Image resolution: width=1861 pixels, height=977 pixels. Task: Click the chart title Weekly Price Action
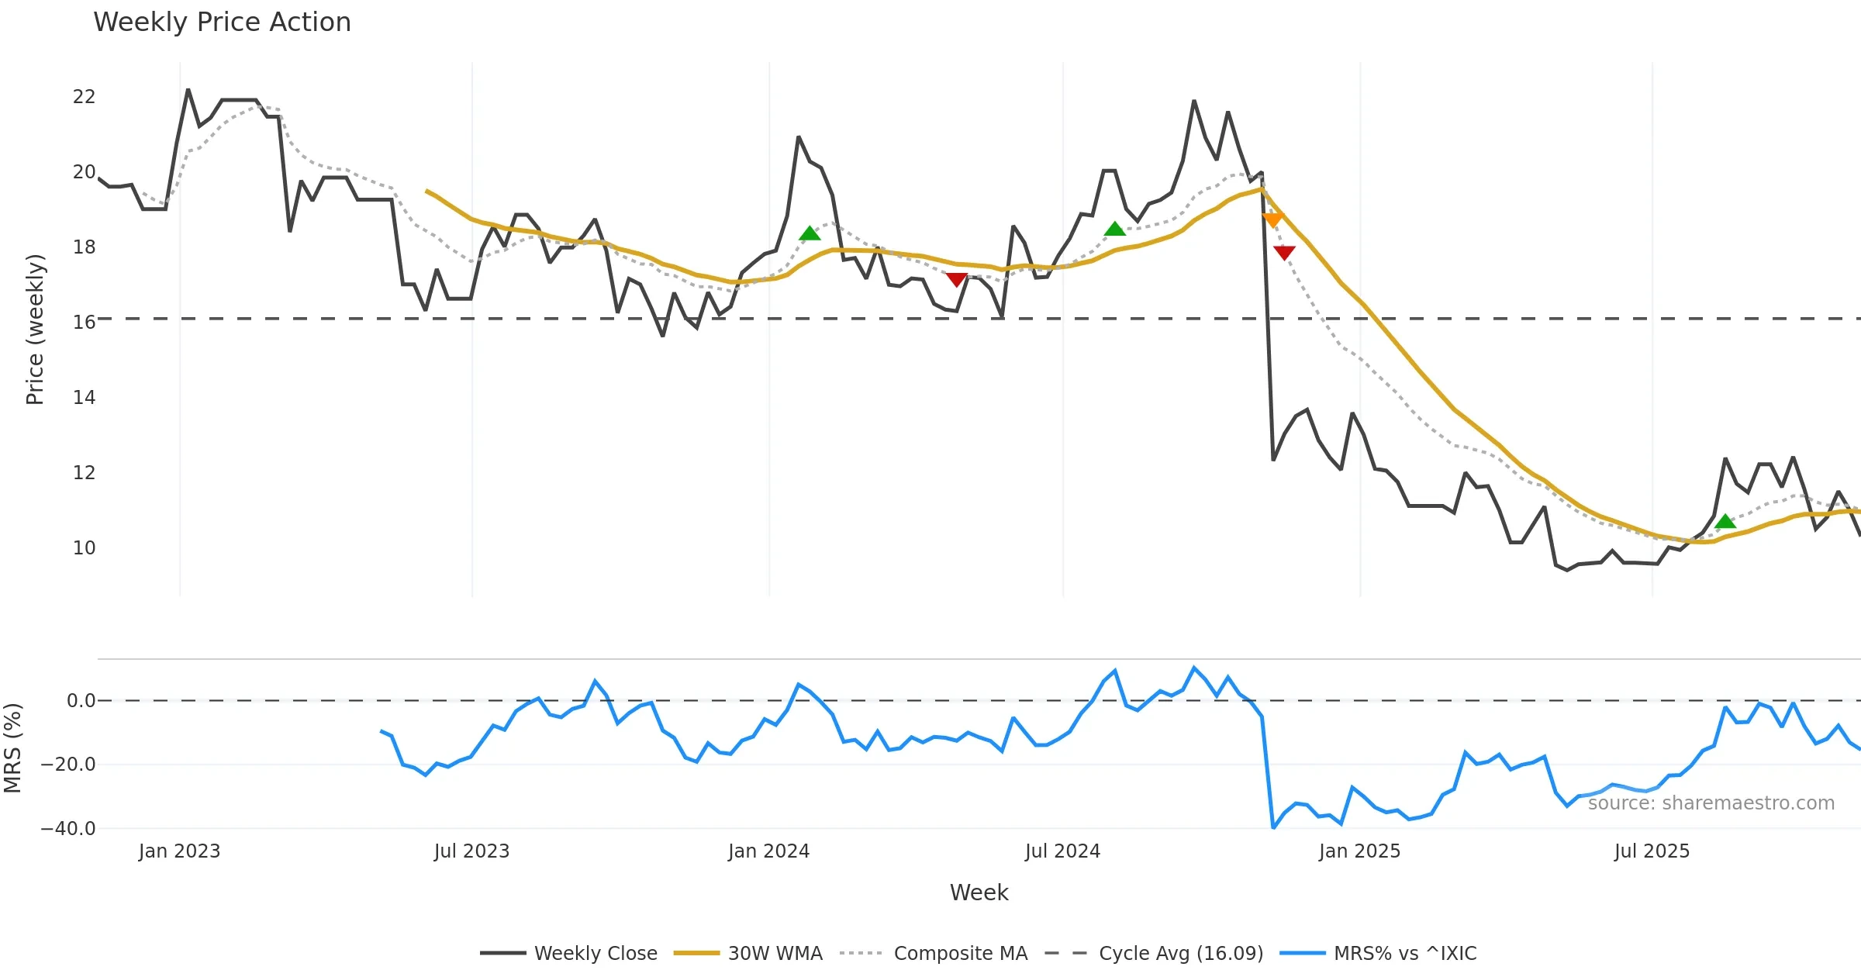[x=222, y=22]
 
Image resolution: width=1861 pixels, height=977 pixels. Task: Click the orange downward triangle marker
[x=1272, y=220]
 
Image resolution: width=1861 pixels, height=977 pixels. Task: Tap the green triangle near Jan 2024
[x=810, y=233]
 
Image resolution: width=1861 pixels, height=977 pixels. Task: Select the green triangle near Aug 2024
[x=1114, y=229]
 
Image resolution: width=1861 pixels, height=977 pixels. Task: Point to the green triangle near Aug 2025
[x=1725, y=521]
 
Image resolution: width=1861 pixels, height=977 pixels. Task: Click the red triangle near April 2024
[x=957, y=279]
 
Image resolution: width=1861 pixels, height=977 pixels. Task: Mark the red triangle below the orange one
[x=1284, y=252]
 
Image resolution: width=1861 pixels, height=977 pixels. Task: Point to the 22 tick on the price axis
[x=84, y=97]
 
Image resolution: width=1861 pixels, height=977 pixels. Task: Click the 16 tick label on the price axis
[x=84, y=323]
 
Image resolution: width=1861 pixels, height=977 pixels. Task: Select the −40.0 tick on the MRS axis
[x=68, y=829]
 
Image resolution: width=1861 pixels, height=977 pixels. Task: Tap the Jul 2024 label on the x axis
[x=1062, y=851]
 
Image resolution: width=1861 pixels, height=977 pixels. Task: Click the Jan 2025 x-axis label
[x=1359, y=851]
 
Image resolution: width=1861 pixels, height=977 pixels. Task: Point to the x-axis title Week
[x=979, y=892]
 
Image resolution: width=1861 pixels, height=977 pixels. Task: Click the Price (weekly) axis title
[x=36, y=330]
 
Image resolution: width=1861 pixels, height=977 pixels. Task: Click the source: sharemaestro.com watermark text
[x=1711, y=803]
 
